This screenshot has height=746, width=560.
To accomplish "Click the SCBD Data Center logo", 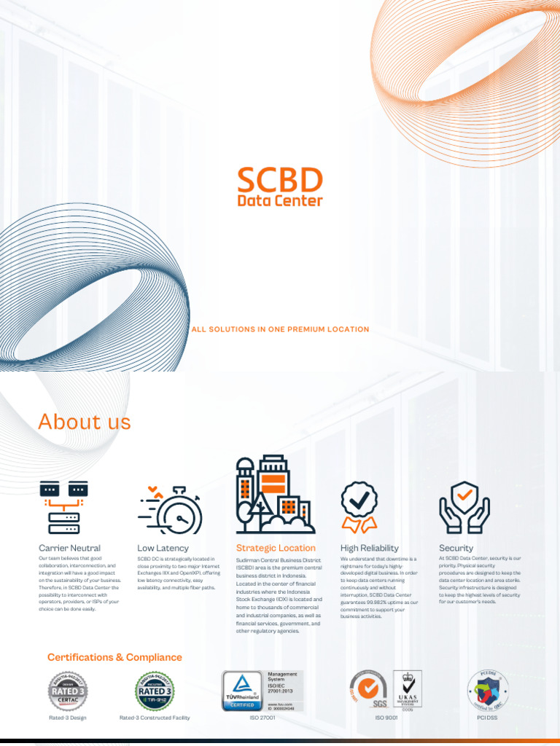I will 280,186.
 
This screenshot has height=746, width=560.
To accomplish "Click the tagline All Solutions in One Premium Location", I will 280,329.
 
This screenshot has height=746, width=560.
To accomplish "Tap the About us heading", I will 85,422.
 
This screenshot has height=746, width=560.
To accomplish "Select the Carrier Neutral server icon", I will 63,506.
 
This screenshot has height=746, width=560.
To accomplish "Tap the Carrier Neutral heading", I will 69,548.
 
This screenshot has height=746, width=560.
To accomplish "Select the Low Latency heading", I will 163,548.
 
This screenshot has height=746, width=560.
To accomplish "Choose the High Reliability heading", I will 370,548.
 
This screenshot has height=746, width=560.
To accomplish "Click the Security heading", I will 456,548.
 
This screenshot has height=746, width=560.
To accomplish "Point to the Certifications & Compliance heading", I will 114,657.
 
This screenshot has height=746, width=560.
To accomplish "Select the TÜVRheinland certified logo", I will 244,691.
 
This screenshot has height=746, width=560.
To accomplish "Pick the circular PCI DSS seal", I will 487,689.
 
